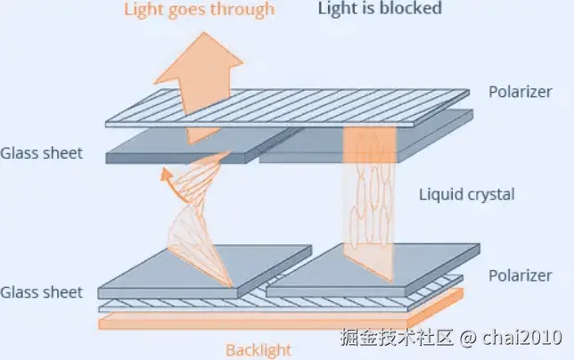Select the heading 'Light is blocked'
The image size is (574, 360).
pos(380,10)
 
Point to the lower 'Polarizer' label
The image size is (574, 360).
pos(521,276)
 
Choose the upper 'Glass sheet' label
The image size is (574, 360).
pos(42,153)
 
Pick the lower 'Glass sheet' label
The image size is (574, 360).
pos(42,292)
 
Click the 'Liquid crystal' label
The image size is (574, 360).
pos(466,193)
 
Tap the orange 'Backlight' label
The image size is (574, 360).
pos(258,349)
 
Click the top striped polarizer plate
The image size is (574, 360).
pos(285,107)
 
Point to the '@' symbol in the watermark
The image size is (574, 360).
pos(469,339)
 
